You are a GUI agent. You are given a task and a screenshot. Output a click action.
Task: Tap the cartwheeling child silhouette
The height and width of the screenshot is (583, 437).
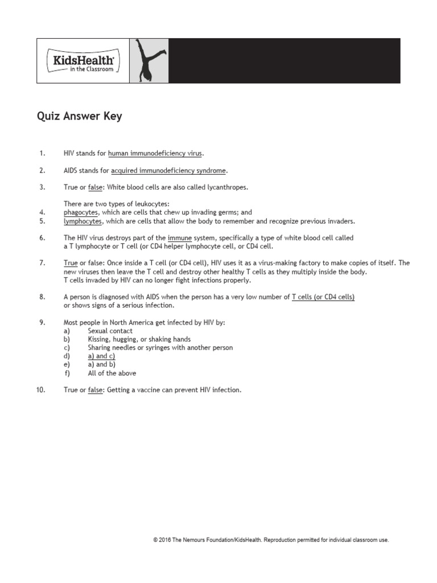coord(149,61)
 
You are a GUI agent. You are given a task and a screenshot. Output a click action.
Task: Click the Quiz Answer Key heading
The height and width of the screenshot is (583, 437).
coord(79,117)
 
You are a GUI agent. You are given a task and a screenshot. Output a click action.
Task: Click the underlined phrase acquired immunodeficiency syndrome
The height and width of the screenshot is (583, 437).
coord(168,170)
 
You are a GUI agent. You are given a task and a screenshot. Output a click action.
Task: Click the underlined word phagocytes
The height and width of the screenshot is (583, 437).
coord(81,212)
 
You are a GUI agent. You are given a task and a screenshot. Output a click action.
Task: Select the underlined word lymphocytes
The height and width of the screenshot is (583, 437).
coord(83,221)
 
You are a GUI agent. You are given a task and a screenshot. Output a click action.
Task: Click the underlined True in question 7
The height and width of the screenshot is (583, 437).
coord(71,263)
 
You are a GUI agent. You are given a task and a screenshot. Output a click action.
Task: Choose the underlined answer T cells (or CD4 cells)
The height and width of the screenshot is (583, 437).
coord(323,297)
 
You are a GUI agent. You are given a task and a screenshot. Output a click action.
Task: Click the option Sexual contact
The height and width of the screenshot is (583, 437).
coord(110,331)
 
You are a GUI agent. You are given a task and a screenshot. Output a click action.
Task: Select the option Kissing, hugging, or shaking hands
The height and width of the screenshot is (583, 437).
coord(139,339)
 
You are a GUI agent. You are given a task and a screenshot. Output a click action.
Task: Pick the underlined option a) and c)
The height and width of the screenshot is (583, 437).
coord(101,356)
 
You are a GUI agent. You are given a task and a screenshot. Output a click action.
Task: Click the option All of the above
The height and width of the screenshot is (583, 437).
coord(112,373)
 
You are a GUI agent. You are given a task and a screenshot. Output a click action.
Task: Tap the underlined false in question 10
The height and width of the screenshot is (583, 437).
coord(94,390)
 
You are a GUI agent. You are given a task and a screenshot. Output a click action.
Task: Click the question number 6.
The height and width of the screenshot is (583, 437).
coord(42,238)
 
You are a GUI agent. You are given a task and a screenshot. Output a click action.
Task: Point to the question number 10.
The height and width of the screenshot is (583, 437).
coord(40,390)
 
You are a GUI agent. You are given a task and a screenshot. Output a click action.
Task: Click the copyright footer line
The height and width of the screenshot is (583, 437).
coord(271,540)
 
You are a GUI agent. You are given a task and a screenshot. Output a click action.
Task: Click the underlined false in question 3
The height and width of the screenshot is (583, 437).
coord(94,187)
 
